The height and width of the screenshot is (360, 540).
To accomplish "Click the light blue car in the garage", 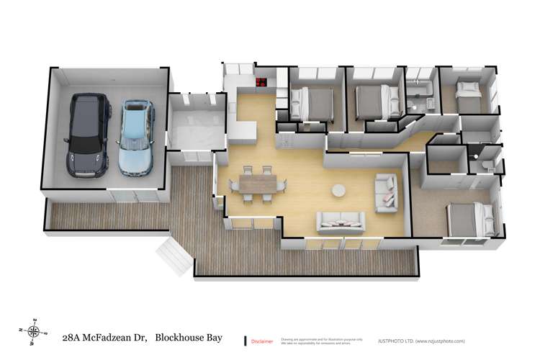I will pos(135,139).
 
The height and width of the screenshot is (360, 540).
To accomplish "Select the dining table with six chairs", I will pos(253,183).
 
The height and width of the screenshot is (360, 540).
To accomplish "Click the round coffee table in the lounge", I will pos(338,191).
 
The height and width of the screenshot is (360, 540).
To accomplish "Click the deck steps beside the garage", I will pos(167,253).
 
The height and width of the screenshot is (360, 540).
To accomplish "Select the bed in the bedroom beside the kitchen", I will pos(312,102).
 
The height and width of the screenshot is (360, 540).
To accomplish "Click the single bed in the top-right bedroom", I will pos(468,91).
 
